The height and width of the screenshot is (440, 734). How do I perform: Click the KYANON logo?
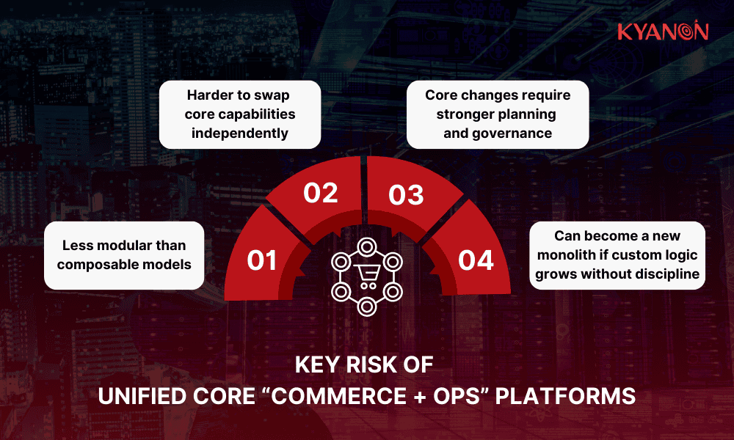[x=662, y=32]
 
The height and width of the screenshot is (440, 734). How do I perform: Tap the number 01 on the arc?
[x=261, y=260]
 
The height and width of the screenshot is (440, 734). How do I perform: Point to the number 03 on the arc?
[x=406, y=195]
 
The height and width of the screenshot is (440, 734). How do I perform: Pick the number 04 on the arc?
[x=476, y=260]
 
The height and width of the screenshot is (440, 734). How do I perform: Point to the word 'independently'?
[x=239, y=133]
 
